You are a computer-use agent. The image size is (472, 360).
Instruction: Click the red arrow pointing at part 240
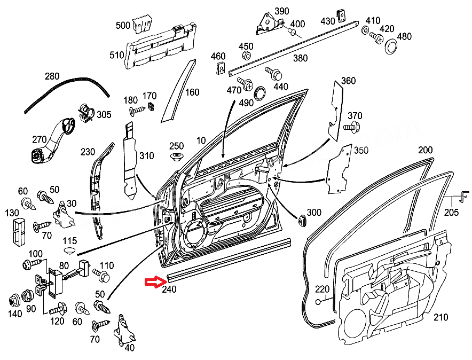tap(155, 281)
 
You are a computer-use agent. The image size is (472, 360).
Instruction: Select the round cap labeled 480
tap(391, 46)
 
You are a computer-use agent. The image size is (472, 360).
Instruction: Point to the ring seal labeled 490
tap(259, 92)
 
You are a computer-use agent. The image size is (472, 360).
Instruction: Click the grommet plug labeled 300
tap(302, 219)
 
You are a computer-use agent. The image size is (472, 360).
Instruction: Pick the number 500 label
tap(123, 25)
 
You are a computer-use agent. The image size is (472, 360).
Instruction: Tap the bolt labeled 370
tap(351, 127)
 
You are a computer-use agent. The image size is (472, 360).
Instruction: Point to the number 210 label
tap(440, 318)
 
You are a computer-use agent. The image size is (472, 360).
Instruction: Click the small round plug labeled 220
tap(318, 302)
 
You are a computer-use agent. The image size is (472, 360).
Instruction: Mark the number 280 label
tap(52, 76)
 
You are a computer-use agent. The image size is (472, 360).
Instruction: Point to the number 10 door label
tap(201, 140)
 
